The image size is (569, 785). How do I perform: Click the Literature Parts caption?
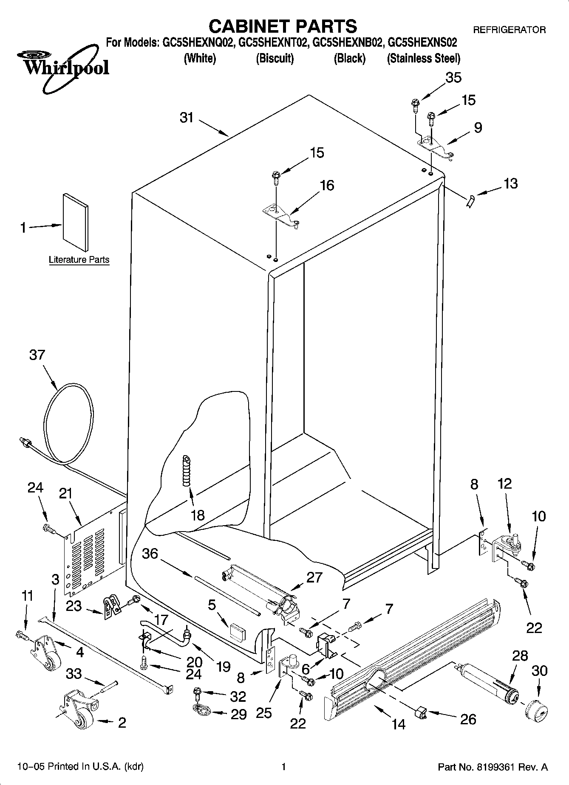point(79,259)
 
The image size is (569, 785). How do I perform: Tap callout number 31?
point(187,118)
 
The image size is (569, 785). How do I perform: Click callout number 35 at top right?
point(453,78)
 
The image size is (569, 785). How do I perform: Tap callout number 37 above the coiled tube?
point(37,355)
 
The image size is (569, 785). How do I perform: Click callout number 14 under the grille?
point(399,724)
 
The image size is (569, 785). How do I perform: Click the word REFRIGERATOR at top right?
point(509,30)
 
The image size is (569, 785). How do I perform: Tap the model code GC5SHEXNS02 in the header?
point(422,42)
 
